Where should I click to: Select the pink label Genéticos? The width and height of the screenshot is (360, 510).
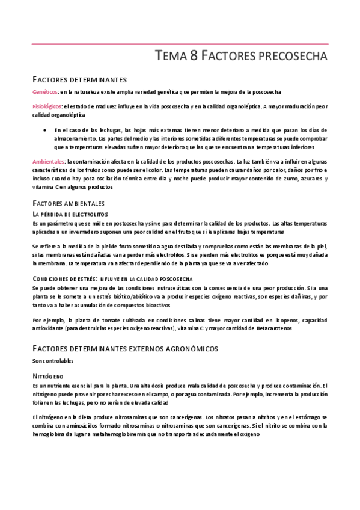pyautogui.click(x=45, y=91)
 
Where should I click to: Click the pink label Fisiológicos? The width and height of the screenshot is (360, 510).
pyautogui.click(x=47, y=107)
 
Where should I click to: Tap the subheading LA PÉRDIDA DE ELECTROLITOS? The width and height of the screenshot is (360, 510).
pyautogui.click(x=70, y=214)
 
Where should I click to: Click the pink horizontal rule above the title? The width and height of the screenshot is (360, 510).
pyautogui.click(x=180, y=44)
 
